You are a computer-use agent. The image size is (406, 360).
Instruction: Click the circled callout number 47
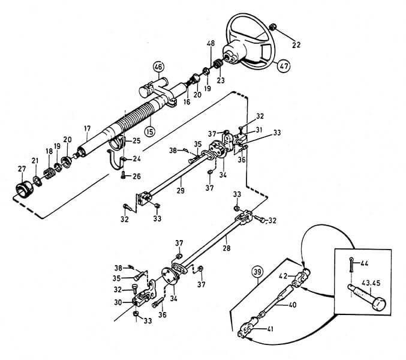pyautogui.click(x=284, y=66)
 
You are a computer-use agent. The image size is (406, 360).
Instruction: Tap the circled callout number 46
pyautogui.click(x=159, y=67)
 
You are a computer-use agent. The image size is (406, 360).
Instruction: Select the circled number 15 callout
pyautogui.click(x=150, y=131)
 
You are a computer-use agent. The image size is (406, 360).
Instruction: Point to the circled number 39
pyautogui.click(x=257, y=272)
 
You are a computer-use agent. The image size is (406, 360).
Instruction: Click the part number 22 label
pyautogui.click(x=296, y=45)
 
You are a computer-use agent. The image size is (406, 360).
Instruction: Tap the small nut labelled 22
pyautogui.click(x=273, y=27)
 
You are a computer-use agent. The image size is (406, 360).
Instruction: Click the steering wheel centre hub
pyautogui.click(x=229, y=58)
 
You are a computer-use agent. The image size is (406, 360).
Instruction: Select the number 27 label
pyautogui.click(x=22, y=169)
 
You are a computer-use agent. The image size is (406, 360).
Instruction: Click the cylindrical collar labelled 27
pyautogui.click(x=25, y=190)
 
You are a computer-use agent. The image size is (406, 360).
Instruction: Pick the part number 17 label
pyautogui.click(x=88, y=128)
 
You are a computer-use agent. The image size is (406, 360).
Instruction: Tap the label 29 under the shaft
pyautogui.click(x=181, y=190)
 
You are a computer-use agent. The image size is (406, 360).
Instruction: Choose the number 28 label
pyautogui.click(x=227, y=248)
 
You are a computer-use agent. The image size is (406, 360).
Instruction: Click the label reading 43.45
pyautogui.click(x=371, y=283)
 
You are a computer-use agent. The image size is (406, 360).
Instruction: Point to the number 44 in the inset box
pyautogui.click(x=364, y=263)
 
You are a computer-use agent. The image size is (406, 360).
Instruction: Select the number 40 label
pyautogui.click(x=292, y=305)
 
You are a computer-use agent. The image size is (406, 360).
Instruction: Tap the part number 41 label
pyautogui.click(x=270, y=329)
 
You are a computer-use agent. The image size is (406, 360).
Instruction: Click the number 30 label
pyautogui.click(x=118, y=302)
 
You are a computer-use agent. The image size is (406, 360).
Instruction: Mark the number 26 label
pyautogui.click(x=137, y=176)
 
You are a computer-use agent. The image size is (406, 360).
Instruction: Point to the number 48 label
pyautogui.click(x=210, y=43)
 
